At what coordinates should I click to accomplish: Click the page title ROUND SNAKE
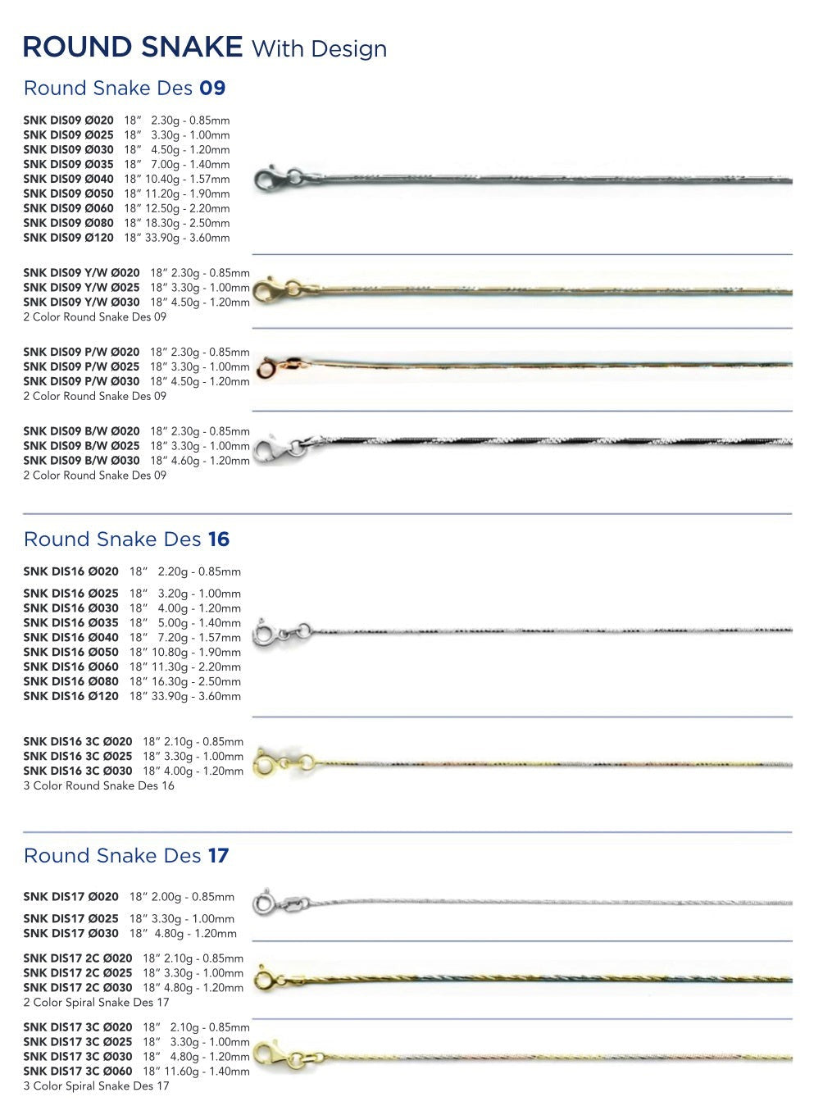(x=133, y=47)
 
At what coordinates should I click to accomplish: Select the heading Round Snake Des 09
(x=124, y=88)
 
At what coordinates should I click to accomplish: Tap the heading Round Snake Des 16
(x=126, y=539)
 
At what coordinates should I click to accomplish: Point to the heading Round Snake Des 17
(x=125, y=856)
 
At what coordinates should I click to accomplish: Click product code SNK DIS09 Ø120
(x=68, y=238)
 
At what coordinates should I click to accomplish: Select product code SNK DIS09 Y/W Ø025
(x=81, y=288)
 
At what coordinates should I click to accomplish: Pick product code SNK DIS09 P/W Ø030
(x=81, y=381)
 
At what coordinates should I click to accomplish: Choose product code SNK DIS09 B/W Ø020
(x=81, y=431)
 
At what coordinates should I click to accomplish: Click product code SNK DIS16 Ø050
(x=70, y=653)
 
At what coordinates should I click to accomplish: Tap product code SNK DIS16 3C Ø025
(x=78, y=757)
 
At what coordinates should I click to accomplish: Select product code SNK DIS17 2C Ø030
(x=78, y=988)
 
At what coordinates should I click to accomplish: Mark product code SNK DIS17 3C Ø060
(x=78, y=1072)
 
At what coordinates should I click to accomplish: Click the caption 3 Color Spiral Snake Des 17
(x=96, y=1086)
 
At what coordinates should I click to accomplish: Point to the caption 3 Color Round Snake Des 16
(x=98, y=786)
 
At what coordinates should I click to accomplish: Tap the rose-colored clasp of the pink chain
(x=267, y=369)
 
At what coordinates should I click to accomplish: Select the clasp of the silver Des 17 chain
(x=264, y=903)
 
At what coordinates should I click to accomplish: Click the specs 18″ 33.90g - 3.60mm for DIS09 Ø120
(x=177, y=238)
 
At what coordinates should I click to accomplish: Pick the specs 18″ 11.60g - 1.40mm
(x=196, y=1072)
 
